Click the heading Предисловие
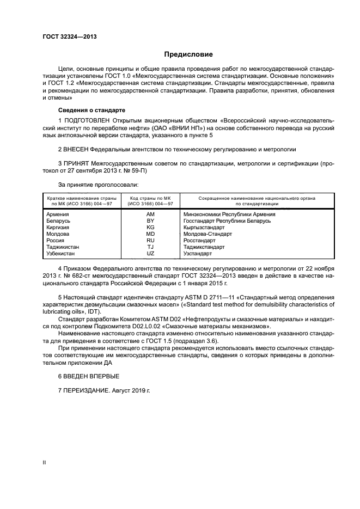pos(189,54)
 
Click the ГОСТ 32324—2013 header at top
pos(66,37)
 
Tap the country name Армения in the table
pos(58,214)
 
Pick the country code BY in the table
pos(150,221)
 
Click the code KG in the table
pos(150,228)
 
